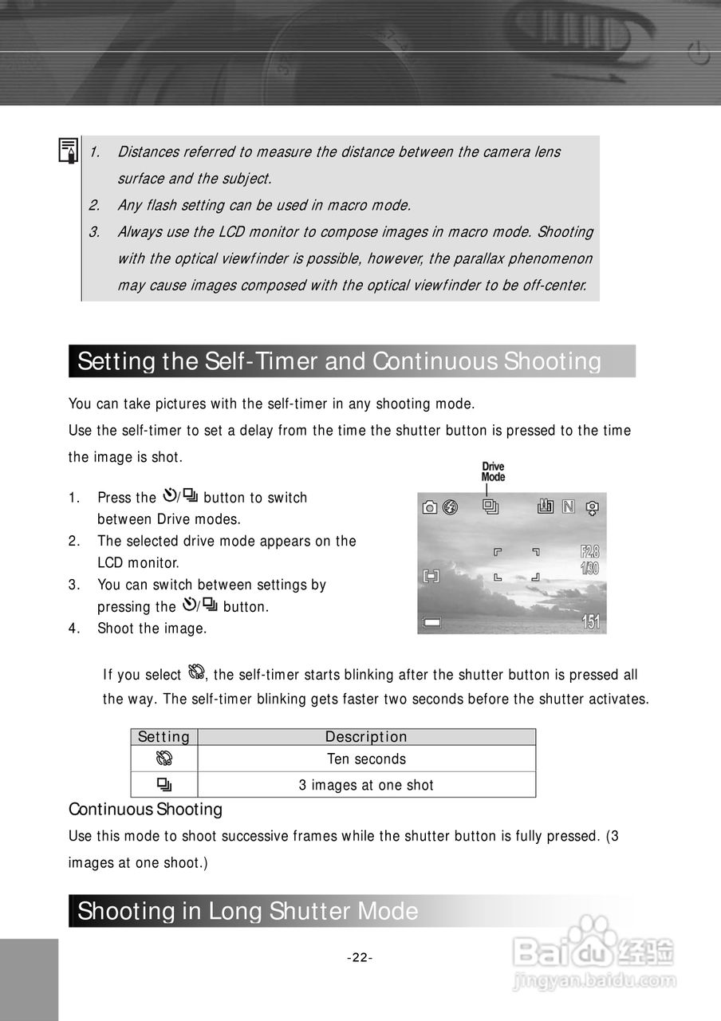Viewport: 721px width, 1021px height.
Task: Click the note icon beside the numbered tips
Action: click(x=69, y=150)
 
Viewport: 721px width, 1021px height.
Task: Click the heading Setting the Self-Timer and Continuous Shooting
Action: click(x=339, y=361)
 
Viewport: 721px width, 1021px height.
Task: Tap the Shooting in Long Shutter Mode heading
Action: click(x=248, y=911)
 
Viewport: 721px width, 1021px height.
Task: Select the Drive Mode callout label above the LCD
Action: click(x=493, y=471)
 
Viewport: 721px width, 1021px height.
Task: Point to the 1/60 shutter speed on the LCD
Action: click(x=590, y=568)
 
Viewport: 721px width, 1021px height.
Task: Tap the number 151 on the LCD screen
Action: click(x=590, y=622)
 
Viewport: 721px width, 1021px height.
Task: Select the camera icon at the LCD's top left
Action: click(x=430, y=507)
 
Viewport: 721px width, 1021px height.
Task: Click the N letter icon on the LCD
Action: click(x=568, y=506)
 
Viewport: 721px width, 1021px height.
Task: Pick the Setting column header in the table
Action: click(x=164, y=737)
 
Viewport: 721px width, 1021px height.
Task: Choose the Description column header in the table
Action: click(x=366, y=737)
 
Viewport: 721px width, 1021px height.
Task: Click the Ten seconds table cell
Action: click(x=366, y=759)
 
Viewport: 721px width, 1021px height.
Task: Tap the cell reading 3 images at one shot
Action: click(x=366, y=785)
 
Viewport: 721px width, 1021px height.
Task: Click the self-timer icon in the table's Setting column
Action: click(x=164, y=759)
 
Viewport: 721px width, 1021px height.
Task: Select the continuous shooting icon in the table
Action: click(x=164, y=784)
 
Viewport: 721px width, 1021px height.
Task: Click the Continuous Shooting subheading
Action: click(x=145, y=810)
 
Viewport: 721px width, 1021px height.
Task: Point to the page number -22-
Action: click(x=360, y=958)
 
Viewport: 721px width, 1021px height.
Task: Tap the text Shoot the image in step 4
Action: click(x=152, y=629)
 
